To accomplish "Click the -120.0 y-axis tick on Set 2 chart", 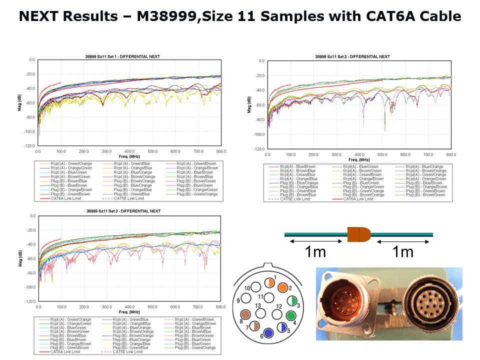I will pos(259,149).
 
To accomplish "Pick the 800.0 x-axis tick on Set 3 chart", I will pos(220,306).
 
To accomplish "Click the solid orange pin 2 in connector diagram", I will pos(283,288).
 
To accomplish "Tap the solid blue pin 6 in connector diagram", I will pos(268,332).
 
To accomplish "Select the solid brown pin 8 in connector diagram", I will pos(245,314).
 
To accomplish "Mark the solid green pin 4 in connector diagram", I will pos(290,316).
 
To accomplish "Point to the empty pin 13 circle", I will pos(258,310).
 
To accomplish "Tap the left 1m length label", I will pos(315,252).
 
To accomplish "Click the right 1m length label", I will pos(403,252).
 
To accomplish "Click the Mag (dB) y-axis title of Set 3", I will pos(19,258).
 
